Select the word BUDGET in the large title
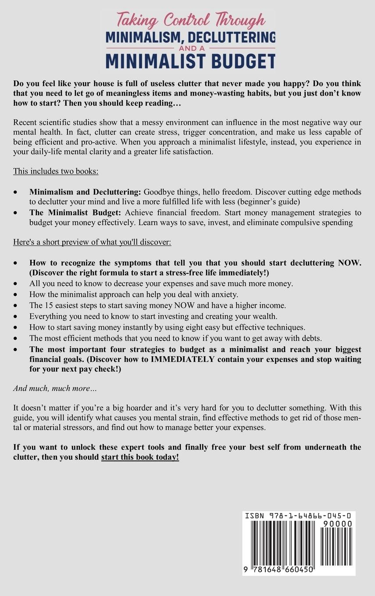coord(239,60)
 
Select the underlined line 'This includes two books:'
coord(56,171)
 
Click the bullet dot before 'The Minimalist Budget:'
coord(16,213)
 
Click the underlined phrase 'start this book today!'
coord(140,458)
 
